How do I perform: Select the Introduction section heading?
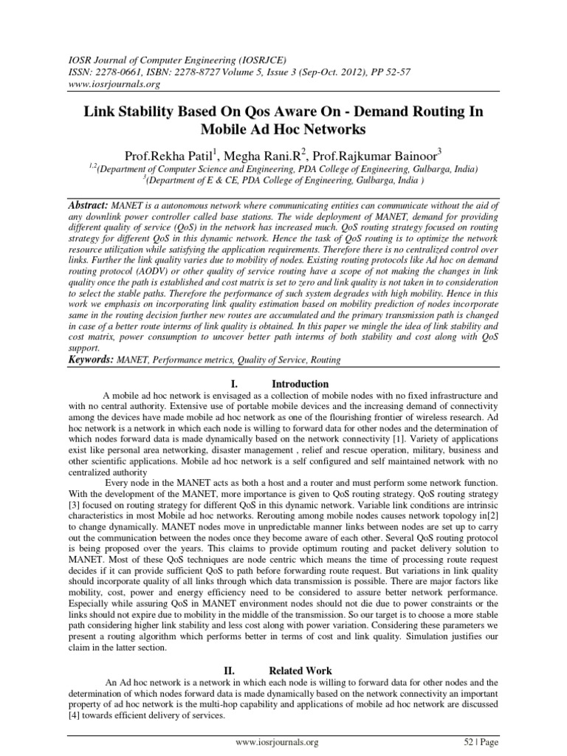click(300, 384)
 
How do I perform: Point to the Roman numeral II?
click(229, 670)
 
